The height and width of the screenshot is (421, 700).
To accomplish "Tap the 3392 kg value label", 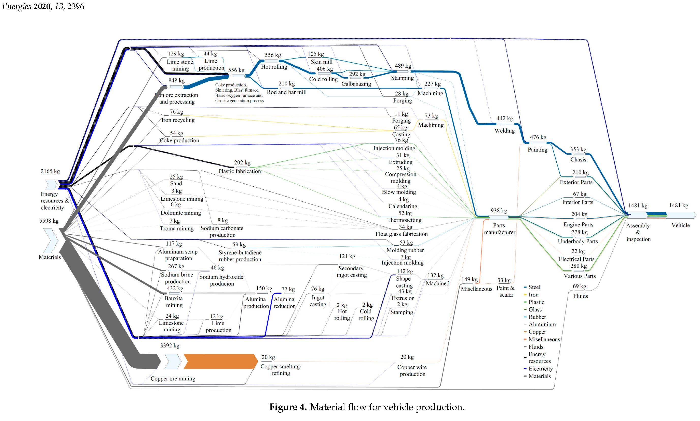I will [170, 345].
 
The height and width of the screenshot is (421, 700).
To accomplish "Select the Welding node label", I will [504, 131].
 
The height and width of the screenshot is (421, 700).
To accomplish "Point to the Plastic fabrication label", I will [239, 171].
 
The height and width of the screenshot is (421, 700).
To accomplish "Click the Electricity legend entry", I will [540, 369].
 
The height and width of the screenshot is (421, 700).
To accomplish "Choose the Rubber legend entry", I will [537, 317].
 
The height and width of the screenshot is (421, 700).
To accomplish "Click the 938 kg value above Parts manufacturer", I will [499, 211].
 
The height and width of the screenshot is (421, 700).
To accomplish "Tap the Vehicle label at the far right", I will [680, 225].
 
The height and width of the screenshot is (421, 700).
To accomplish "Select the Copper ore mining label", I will [173, 379].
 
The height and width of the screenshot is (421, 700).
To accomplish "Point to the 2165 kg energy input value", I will [50, 171].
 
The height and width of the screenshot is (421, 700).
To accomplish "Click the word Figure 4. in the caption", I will [288, 407].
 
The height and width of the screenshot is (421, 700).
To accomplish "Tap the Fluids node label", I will [580, 296].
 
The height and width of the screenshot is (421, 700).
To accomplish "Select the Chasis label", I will [578, 159].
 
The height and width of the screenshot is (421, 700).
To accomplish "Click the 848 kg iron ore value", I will [176, 81].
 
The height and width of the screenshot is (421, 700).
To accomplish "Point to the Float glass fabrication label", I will [401, 234].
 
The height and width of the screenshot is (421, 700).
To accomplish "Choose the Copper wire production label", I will [412, 370].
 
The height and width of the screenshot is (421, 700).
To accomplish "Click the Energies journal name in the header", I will [17, 6].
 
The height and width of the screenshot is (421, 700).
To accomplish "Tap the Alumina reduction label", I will [284, 303].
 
